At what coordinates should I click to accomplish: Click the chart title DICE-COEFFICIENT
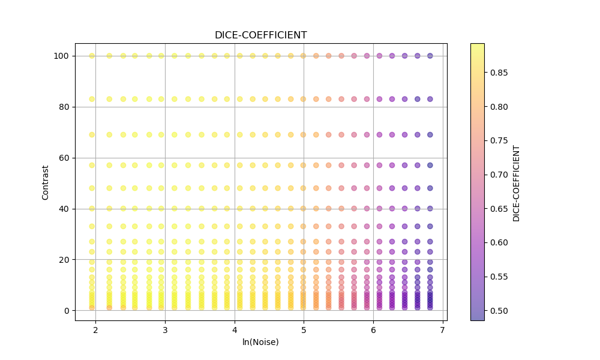click(x=260, y=35)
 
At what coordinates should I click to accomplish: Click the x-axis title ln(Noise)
click(x=260, y=342)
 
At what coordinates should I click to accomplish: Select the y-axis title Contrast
click(x=46, y=182)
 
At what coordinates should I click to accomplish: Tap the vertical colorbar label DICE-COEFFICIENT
click(x=517, y=183)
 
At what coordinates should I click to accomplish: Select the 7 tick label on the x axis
click(x=443, y=330)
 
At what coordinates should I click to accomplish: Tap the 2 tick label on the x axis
click(x=95, y=330)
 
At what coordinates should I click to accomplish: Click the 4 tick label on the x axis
click(x=235, y=330)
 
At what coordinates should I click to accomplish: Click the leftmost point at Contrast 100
click(x=92, y=56)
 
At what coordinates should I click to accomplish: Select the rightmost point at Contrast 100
click(x=430, y=56)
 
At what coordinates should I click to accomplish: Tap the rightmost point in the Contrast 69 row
click(x=430, y=135)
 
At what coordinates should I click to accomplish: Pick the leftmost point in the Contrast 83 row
click(x=92, y=99)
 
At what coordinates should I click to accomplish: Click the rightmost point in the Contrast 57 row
click(x=430, y=165)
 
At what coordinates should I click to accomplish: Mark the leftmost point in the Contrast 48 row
click(x=92, y=188)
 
